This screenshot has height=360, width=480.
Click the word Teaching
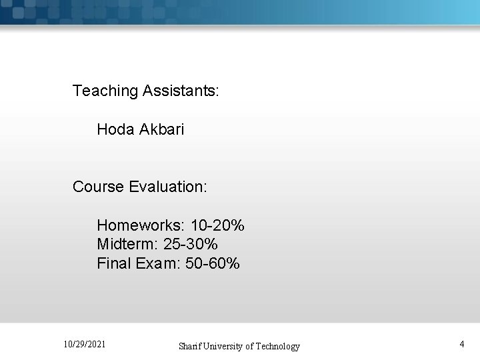[105, 91]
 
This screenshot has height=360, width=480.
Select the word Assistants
[180, 91]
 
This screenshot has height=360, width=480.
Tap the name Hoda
[115, 129]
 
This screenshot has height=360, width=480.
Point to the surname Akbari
[161, 129]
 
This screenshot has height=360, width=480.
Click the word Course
[99, 187]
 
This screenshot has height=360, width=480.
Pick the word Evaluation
[169, 187]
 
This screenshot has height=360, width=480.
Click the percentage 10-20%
[217, 225]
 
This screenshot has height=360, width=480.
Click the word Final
[114, 263]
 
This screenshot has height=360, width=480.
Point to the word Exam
[155, 263]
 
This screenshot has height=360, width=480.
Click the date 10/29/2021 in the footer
[84, 344]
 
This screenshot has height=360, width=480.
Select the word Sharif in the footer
[191, 346]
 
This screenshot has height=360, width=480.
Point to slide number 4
[462, 344]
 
